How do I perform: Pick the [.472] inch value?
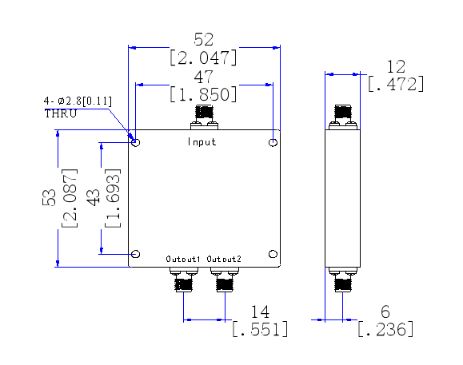tap(395, 84)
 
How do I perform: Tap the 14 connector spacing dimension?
tap(259, 311)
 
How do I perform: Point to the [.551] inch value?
tap(259, 329)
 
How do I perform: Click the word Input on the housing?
tap(202, 142)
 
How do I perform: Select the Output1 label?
tap(184, 260)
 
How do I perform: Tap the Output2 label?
tap(224, 260)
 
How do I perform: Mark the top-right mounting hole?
tap(273, 142)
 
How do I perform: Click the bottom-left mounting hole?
tap(136, 254)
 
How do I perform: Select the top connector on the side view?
tap(344, 117)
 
